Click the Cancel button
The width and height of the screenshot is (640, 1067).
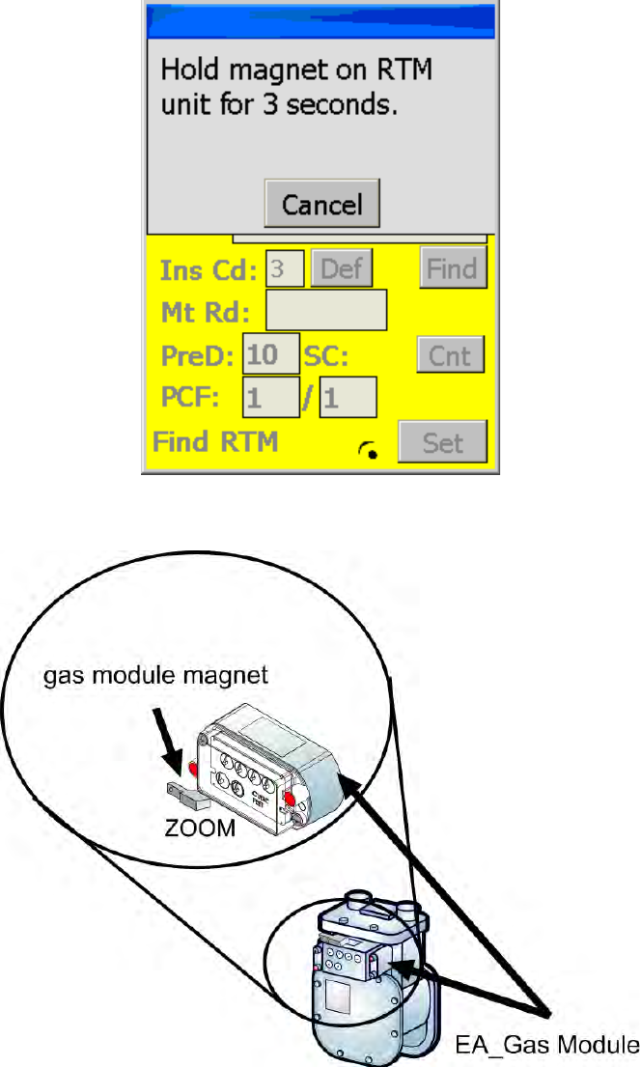tap(321, 204)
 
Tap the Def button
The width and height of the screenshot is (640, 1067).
tap(340, 268)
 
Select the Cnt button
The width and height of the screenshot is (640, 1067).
tap(450, 355)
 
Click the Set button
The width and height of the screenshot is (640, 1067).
tap(443, 442)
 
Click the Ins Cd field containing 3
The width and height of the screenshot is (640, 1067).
tap(285, 268)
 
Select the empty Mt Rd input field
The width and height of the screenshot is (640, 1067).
tap(325, 311)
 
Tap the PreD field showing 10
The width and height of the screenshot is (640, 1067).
tap(271, 355)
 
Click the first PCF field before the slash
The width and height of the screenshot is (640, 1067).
tap(270, 397)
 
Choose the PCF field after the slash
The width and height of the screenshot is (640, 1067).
tap(348, 397)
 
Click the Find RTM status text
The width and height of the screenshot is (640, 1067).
tap(214, 442)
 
